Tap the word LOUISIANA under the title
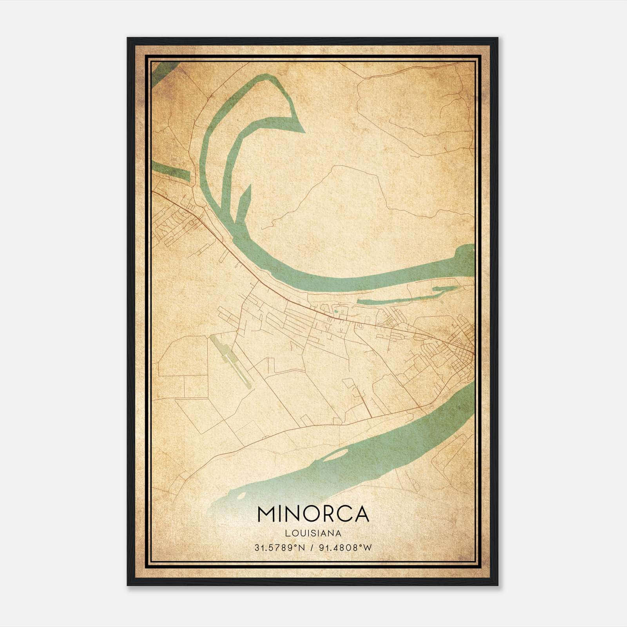point(313,533)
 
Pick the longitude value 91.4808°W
point(345,548)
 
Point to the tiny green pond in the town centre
point(336,312)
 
